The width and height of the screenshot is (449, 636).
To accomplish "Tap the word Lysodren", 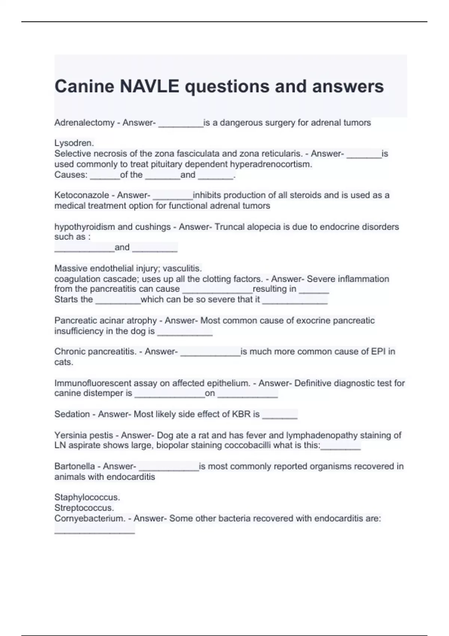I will pyautogui.click(x=74, y=143).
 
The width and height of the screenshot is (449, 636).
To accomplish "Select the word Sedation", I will pyautogui.click(x=72, y=414).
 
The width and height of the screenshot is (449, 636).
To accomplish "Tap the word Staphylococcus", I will pyautogui.click(x=87, y=498).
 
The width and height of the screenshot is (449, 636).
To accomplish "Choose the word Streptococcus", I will pyautogui.click(x=84, y=508).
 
